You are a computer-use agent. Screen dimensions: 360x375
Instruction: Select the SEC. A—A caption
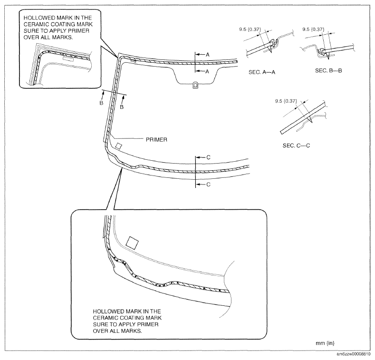pos(262,74)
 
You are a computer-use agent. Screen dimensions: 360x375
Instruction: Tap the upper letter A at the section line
pos(207,55)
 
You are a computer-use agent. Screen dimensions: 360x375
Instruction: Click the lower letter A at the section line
pos(207,71)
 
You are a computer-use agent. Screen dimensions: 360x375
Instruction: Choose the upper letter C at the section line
pos(208,157)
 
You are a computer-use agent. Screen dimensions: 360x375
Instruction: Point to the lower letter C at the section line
pos(208,184)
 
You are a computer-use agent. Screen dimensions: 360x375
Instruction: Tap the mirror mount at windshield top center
pos(195,85)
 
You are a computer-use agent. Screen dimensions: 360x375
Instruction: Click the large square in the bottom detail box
pos(133,242)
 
